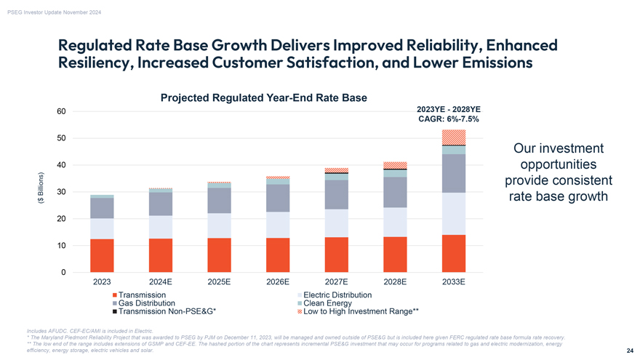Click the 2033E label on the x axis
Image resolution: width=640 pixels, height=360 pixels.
454,281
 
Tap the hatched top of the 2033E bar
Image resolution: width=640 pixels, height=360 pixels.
454,137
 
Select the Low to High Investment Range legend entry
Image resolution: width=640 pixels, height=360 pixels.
357,312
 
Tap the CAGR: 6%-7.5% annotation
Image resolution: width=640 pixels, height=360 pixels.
448,119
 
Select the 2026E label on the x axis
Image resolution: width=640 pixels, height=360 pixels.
278,281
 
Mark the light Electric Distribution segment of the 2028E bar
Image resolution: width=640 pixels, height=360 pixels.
395,222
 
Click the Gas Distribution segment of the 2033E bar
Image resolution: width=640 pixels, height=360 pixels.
454,173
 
